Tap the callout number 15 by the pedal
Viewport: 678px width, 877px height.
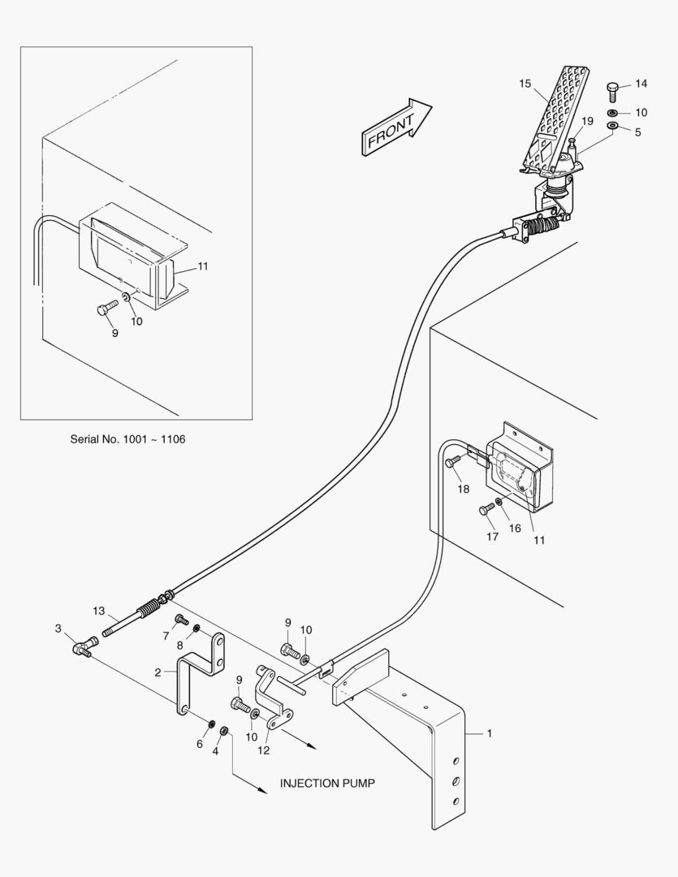pos(525,84)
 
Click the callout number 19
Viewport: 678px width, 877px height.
pos(588,121)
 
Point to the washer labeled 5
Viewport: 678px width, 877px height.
pos(613,127)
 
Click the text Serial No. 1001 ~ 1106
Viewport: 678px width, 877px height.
pos(127,439)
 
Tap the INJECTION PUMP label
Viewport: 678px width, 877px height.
pos(327,784)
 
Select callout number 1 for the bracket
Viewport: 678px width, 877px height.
pos(489,733)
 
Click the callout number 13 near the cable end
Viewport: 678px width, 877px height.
pos(98,610)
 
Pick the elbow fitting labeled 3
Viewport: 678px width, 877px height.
pos(83,647)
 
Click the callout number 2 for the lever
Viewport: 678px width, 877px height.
pos(159,672)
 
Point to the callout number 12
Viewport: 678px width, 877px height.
pos(263,750)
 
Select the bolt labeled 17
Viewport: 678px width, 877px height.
pos(486,509)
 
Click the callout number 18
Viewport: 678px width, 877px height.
pos(463,489)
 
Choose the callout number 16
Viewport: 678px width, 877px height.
pos(515,528)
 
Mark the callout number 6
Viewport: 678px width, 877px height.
pos(200,744)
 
